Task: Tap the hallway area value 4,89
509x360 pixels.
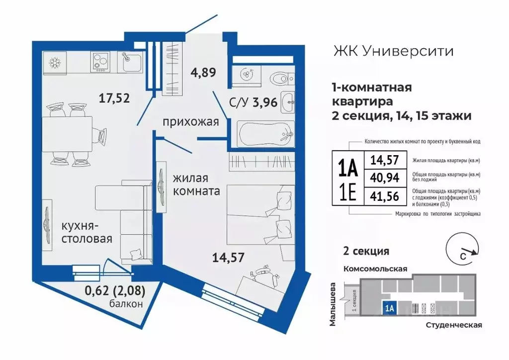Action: tap(203, 72)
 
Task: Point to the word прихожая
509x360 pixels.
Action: tap(190, 122)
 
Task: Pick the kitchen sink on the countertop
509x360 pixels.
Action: tap(131, 62)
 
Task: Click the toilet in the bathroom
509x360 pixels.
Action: tap(278, 77)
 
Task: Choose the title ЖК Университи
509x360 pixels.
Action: tap(392, 51)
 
